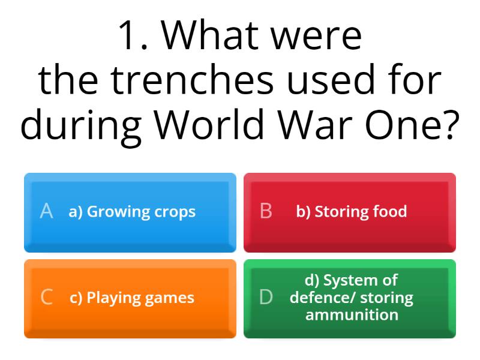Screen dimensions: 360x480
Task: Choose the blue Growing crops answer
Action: pos(130,212)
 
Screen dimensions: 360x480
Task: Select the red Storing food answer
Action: pos(350,212)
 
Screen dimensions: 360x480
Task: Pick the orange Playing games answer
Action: pos(130,298)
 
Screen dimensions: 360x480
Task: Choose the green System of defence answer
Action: pos(350,298)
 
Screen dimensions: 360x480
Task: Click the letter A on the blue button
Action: pos(46,211)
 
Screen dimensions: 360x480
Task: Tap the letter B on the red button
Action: pos(266,211)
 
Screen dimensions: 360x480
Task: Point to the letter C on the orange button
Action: pos(46,298)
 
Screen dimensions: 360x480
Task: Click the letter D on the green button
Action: pos(266,298)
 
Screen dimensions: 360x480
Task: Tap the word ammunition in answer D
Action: pos(352,315)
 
